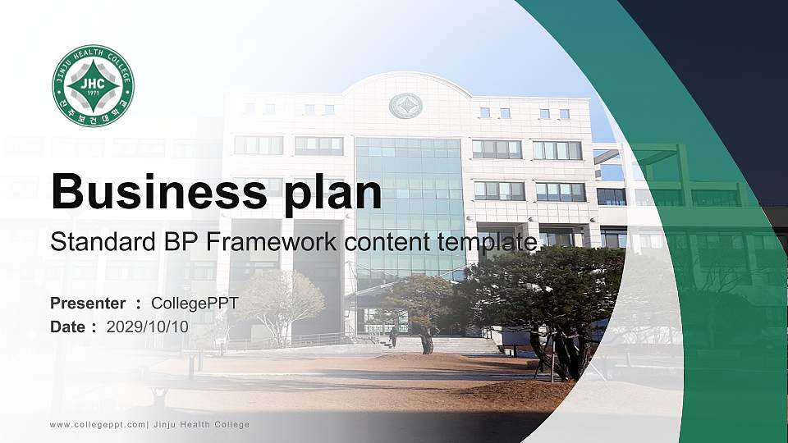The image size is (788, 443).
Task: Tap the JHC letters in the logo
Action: (93, 83)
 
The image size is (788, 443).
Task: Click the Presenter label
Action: (88, 304)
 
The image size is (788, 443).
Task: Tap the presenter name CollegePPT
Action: (195, 304)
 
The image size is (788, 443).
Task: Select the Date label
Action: (67, 327)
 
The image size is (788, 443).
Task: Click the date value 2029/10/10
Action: (148, 327)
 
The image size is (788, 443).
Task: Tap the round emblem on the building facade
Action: (405, 106)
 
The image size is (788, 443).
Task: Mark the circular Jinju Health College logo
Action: (93, 86)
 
